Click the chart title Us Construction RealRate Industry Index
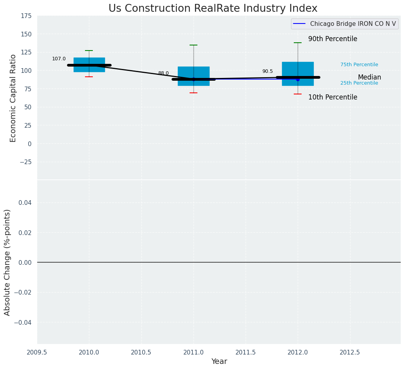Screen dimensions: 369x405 (x=213, y=9)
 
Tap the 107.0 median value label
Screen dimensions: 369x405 (x=59, y=59)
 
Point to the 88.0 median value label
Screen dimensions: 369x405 (x=163, y=73)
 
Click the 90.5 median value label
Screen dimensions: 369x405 (x=268, y=71)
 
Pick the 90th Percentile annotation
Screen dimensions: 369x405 (x=333, y=39)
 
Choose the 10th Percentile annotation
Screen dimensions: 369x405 (x=333, y=98)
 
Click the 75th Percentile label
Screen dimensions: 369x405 (x=359, y=65)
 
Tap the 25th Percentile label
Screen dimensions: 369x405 (x=359, y=83)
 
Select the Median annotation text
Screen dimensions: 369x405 (x=369, y=78)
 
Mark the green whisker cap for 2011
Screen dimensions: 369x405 (x=193, y=45)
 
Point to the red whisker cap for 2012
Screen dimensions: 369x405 (x=298, y=94)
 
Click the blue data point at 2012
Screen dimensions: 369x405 (x=298, y=80)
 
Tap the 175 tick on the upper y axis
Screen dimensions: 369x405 (x=26, y=16)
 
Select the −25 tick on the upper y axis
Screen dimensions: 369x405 (x=25, y=162)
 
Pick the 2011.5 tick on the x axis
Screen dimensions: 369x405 (x=246, y=353)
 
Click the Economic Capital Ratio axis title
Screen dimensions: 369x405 (x=13, y=98)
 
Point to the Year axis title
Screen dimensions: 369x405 (x=219, y=362)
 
